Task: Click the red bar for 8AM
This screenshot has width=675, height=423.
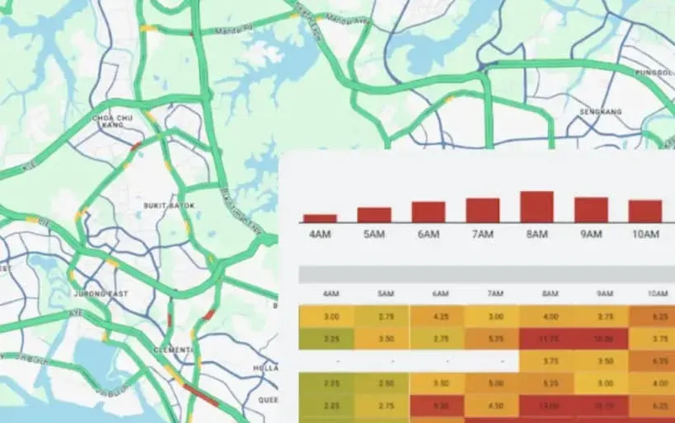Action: click(x=537, y=207)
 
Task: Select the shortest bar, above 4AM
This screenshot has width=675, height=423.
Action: click(x=320, y=218)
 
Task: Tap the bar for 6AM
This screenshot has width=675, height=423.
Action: click(x=429, y=212)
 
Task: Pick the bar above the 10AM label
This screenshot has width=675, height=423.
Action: click(x=645, y=211)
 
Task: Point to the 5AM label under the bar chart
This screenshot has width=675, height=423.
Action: click(x=373, y=235)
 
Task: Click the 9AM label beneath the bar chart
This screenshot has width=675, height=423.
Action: click(x=591, y=235)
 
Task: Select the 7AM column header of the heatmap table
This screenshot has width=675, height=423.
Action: click(x=495, y=294)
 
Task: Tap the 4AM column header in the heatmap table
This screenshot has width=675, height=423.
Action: click(x=331, y=294)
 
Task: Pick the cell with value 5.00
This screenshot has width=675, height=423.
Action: click(x=495, y=382)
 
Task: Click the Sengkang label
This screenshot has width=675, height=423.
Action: click(x=599, y=111)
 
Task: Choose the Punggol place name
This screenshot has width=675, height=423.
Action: click(x=650, y=72)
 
